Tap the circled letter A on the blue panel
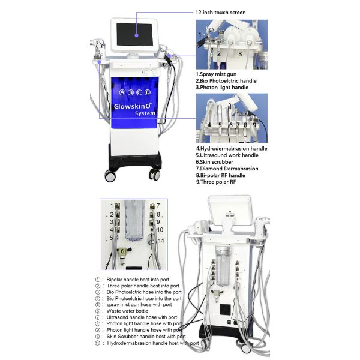coord(122,93)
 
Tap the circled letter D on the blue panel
coord(147,93)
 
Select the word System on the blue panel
coord(145,113)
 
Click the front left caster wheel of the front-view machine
coord(110,176)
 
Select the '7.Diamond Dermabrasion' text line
coord(227,169)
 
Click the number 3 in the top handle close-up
coord(240,54)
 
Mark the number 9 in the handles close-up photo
coord(254,125)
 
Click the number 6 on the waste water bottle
coord(122,251)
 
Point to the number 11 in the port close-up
coord(160,241)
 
